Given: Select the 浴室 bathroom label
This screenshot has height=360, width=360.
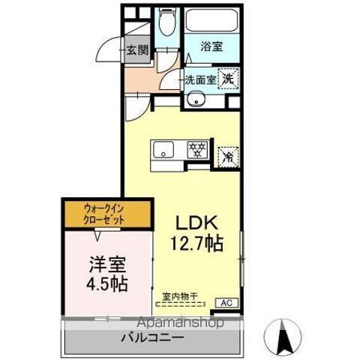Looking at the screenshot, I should (211, 46).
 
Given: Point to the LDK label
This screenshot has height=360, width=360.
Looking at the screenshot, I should (196, 223).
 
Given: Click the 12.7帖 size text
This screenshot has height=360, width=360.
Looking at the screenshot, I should (196, 243).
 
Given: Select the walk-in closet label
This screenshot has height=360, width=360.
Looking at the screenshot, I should (105, 214).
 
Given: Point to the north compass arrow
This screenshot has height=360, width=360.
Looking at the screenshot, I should (284, 336).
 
